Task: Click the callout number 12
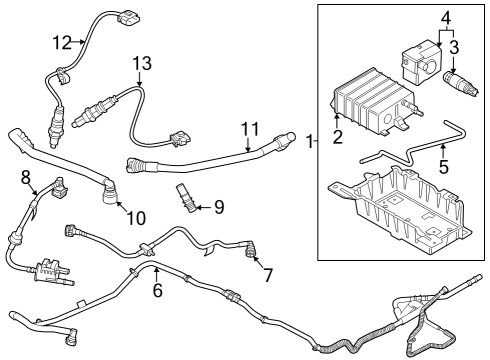(63, 41)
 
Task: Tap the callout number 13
(142, 62)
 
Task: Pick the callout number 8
(26, 178)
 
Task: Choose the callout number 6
(156, 290)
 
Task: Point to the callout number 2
(337, 136)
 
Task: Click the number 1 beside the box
(307, 142)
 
